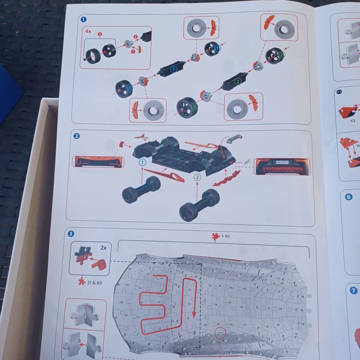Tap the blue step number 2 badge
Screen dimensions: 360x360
pyautogui.click(x=76, y=136)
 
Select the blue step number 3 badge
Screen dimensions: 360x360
pyautogui.click(x=71, y=233)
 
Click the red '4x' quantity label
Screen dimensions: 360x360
pyautogui.click(x=88, y=31)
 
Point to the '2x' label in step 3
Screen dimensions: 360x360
pyautogui.click(x=103, y=247)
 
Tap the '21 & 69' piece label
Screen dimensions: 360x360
pyautogui.click(x=92, y=282)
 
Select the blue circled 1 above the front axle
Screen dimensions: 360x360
pyautogui.click(x=142, y=162)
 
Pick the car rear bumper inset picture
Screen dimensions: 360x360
pyautogui.click(x=281, y=166)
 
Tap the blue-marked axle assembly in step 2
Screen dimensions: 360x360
pyautogui.click(x=141, y=188)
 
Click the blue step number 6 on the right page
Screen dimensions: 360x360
pyautogui.click(x=349, y=196)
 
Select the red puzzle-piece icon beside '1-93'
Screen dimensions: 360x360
pyautogui.click(x=215, y=237)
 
